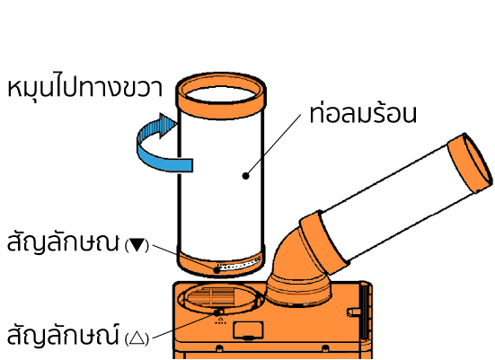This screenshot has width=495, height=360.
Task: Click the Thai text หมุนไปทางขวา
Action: [84, 87]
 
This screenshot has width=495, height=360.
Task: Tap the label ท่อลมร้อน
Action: [363, 113]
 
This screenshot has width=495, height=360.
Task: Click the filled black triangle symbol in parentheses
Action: [137, 245]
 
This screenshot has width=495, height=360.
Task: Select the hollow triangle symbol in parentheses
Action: [137, 338]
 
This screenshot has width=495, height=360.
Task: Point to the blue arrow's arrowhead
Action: [168, 126]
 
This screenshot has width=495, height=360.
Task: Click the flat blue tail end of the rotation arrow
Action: [186, 165]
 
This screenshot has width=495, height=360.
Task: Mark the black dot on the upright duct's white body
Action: [245, 176]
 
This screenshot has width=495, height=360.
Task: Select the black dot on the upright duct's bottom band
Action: [217, 270]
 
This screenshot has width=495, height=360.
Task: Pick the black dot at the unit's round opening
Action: [217, 312]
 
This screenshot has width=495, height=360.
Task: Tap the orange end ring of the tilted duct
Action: [471, 162]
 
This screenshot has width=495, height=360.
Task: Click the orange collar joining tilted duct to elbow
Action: [324, 243]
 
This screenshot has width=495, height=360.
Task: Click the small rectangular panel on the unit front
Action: [248, 330]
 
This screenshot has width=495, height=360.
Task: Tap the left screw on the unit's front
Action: [219, 348]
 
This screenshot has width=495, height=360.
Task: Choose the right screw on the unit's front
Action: [325, 348]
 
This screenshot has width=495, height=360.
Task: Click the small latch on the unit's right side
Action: [354, 312]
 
